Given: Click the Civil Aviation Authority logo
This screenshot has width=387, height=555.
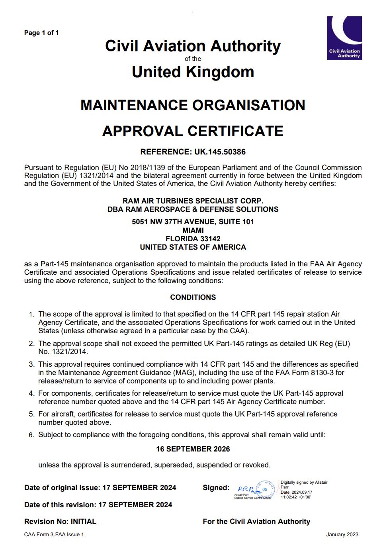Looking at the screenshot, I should click(344, 38).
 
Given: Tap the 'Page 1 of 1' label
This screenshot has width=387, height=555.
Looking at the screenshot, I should click(41, 33).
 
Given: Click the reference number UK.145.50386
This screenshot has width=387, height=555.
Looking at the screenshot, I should click(220, 152).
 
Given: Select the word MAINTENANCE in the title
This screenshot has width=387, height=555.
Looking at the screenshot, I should click(134, 106).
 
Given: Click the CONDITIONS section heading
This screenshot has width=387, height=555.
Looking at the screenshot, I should click(193, 297).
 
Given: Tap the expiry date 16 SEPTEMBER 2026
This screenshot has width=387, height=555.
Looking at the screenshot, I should click(193, 449).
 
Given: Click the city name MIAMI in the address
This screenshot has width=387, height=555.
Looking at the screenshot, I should click(193, 231).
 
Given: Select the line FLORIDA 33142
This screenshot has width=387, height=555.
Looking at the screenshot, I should click(193, 239).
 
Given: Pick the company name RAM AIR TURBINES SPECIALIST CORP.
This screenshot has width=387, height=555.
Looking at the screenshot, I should click(193, 201).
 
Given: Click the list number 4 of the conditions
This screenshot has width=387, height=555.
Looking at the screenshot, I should click(31, 394).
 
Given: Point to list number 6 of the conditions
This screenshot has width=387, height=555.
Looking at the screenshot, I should click(31, 435).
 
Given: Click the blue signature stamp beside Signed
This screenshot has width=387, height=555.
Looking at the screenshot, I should click(255, 489).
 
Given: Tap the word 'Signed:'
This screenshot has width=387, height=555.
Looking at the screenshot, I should click(216, 488).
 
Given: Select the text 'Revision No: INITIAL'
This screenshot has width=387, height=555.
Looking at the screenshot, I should click(60, 522).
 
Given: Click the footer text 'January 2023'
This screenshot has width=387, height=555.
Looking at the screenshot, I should click(342, 535).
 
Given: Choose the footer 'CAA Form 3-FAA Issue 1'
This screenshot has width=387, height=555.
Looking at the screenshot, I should click(54, 535).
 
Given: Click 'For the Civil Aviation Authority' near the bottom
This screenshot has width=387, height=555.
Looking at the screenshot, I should click(256, 522).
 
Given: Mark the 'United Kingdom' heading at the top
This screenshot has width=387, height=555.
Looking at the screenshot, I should click(193, 72).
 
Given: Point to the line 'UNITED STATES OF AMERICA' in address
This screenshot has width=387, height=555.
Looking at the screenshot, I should click(193, 247).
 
